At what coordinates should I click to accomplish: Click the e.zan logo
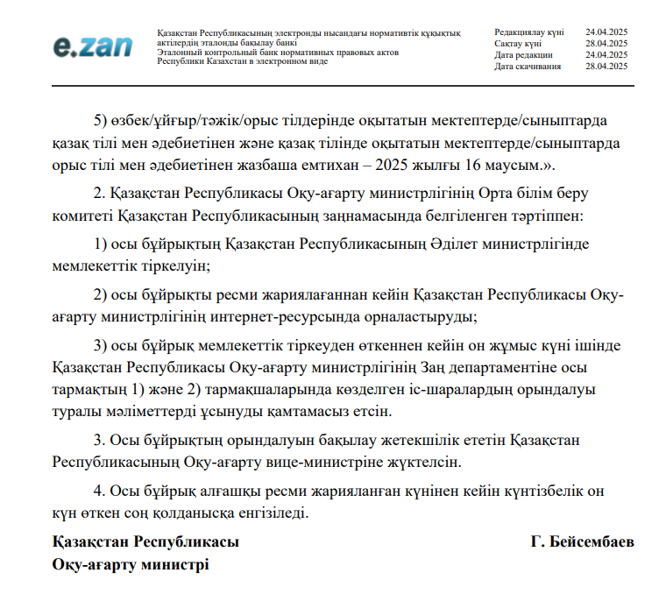(92, 46)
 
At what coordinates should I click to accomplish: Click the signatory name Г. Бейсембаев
(582, 542)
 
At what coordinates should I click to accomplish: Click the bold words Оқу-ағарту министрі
(131, 565)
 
